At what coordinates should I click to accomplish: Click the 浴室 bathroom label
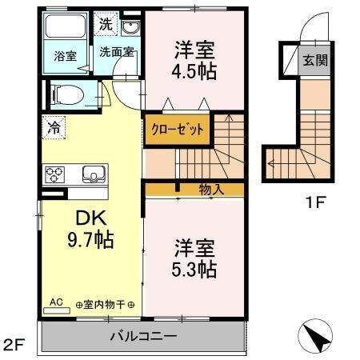66,56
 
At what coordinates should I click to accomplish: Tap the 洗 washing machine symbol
106,24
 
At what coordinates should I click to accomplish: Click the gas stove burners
55,174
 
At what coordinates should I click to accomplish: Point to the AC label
57,302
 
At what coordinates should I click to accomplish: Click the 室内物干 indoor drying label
105,305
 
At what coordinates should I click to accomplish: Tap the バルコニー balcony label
142,336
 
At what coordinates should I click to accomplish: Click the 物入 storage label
211,190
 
